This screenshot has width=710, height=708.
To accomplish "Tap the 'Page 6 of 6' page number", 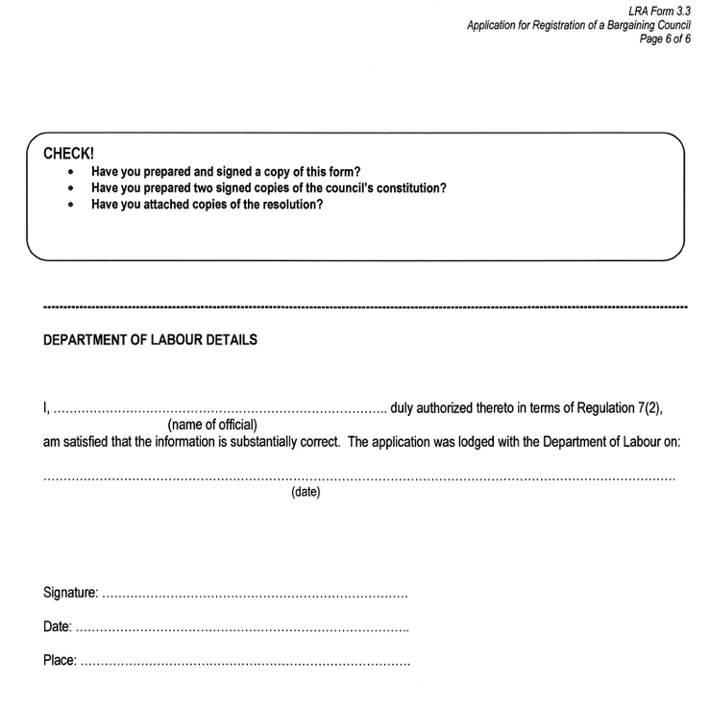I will coord(665,39).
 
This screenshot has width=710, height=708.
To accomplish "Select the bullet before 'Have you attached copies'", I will coord(72,205).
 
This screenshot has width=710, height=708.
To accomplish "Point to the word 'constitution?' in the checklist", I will coord(411,188).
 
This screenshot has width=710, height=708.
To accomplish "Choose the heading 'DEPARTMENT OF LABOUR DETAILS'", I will coord(151,340).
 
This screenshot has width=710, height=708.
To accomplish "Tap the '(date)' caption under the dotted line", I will coord(306,493).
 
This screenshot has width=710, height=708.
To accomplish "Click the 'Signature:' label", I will coord(71,594).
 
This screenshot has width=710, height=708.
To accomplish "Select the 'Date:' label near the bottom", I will coord(58,627).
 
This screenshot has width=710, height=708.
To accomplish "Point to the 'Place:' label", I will coord(60,661).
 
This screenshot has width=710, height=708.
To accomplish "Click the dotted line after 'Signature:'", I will coord(255,597).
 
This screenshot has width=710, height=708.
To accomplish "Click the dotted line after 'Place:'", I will coord(245,664).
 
